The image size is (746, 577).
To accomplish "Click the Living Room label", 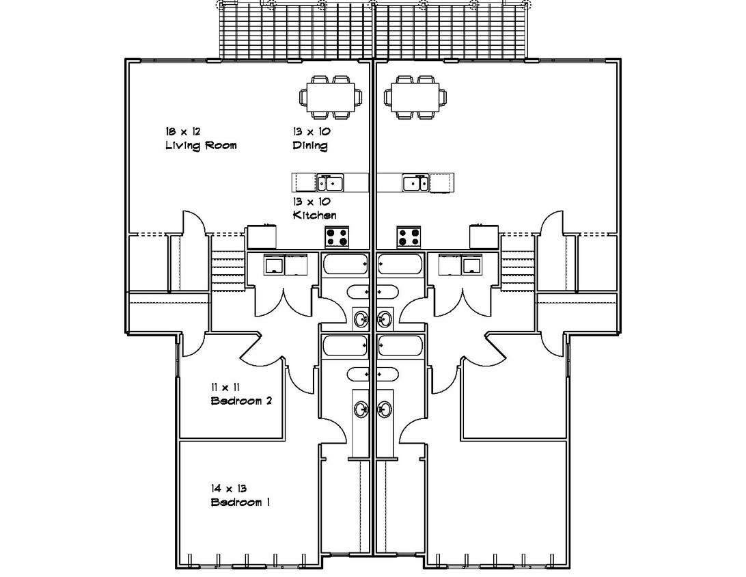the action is [201, 146].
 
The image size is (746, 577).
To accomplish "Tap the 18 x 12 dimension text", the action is [182, 131].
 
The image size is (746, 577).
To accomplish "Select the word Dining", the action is [309, 146].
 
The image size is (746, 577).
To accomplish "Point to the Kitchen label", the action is [314, 215].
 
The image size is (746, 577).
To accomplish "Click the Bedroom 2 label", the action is [241, 401].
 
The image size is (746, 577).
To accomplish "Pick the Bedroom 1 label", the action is [240, 502].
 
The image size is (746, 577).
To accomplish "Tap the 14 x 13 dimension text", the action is [229, 488].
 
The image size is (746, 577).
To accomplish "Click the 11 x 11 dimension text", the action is [225, 387].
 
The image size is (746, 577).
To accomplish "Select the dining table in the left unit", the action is [331, 97].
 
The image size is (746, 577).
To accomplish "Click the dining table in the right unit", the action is [415, 97].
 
